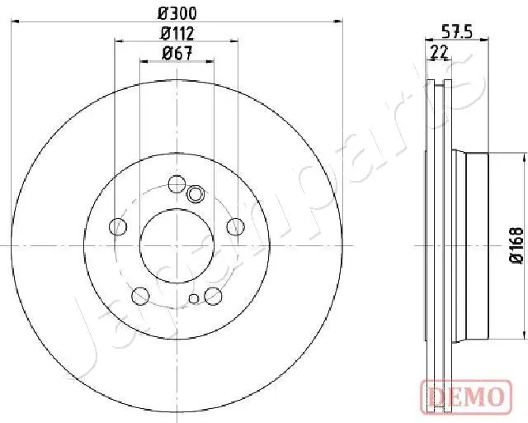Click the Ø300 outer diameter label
[177, 14]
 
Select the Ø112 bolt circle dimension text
[177, 34]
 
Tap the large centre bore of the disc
[177, 245]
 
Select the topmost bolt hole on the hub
[177, 183]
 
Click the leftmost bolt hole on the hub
[119, 226]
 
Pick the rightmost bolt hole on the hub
[235, 226]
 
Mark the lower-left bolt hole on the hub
[141, 294]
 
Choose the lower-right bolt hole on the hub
[213, 294]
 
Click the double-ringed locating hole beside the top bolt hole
[196, 194]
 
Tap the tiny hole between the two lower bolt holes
[194, 299]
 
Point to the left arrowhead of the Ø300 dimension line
[18, 22]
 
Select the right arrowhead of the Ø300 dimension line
[337, 22]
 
